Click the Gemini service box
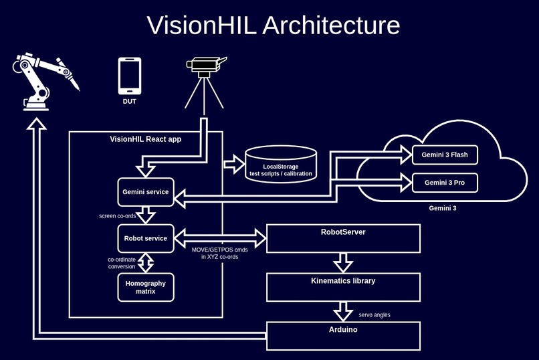pos(146,192)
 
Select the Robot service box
pos(146,238)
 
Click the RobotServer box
pos(343,238)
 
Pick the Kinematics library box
pos(343,287)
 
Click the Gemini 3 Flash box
pos(445,155)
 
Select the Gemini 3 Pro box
pos(445,182)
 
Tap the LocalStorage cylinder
pos(281,164)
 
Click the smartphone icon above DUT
pos(129,76)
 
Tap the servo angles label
pos(374,314)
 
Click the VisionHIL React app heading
pos(146,139)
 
